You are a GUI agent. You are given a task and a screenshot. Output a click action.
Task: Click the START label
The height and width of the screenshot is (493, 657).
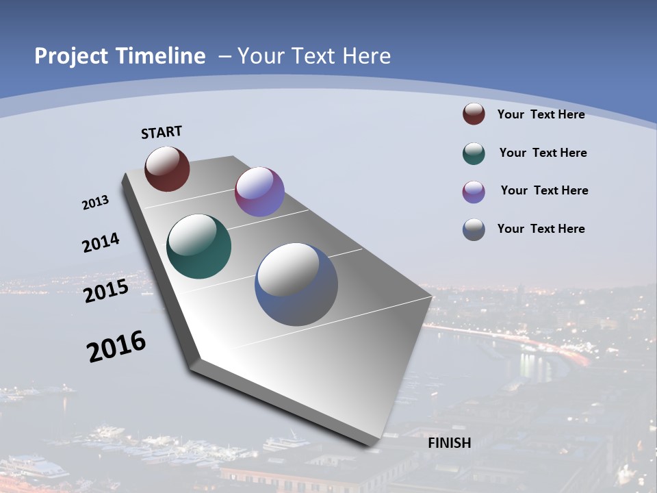(x=162, y=132)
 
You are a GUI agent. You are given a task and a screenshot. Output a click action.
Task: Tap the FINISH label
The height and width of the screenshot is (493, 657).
(x=450, y=443)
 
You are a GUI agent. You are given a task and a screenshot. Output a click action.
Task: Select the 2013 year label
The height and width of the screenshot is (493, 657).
(x=95, y=203)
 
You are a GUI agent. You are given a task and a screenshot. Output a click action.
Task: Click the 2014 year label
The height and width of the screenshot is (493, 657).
(x=101, y=243)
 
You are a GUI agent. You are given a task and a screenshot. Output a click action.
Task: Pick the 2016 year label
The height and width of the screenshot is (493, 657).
(x=116, y=346)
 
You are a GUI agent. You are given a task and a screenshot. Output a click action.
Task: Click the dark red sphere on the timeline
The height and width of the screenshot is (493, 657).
(x=167, y=168)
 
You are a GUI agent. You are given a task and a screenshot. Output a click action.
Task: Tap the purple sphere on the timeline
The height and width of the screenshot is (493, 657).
(x=259, y=192)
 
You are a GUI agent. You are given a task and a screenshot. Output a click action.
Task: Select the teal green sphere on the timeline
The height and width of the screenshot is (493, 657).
(x=199, y=246)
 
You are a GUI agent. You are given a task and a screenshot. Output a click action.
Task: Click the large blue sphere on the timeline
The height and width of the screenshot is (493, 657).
(x=296, y=284)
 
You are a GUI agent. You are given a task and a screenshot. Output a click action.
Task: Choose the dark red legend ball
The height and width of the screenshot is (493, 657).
(x=474, y=114)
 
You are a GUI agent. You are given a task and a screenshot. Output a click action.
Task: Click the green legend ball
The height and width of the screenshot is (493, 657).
(x=474, y=153)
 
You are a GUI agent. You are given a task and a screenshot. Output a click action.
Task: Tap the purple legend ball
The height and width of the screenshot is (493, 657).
(x=474, y=192)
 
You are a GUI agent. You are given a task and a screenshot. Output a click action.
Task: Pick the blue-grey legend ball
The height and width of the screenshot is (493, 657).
(x=474, y=229)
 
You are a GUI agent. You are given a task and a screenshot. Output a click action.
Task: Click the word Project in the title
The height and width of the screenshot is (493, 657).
(x=72, y=56)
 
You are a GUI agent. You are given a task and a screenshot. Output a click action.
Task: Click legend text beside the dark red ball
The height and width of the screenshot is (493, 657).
(x=541, y=114)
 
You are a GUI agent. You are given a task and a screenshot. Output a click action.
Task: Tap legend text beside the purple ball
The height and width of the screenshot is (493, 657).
(x=544, y=190)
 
